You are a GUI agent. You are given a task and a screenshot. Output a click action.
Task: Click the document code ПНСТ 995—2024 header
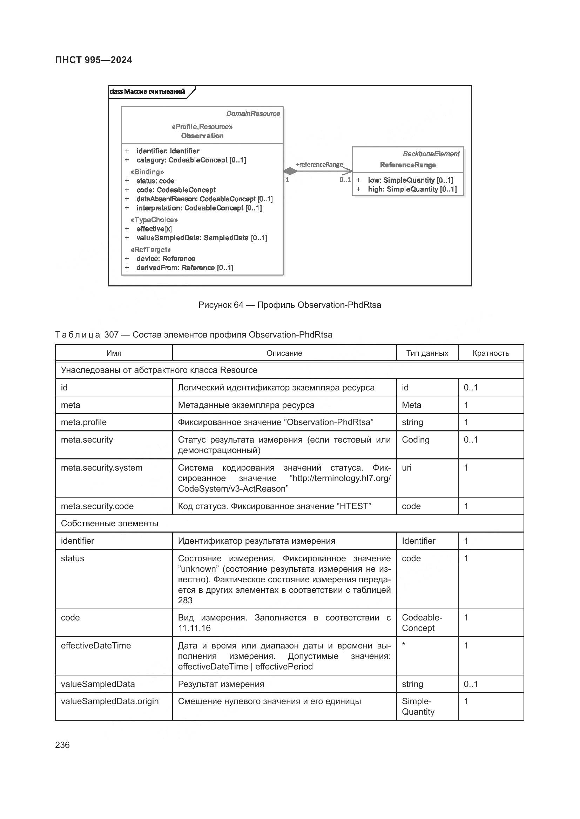94,60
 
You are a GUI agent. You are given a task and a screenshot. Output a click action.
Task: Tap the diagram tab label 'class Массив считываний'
147,92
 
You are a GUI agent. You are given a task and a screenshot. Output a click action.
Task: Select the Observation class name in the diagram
202,136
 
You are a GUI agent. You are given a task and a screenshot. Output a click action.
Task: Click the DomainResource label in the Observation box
253,114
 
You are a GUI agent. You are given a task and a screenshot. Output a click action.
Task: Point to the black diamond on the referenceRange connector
290,171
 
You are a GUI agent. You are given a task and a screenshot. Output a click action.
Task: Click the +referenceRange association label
319,165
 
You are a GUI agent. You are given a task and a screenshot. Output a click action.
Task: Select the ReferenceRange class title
407,165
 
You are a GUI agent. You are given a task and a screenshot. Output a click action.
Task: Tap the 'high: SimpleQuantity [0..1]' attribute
412,189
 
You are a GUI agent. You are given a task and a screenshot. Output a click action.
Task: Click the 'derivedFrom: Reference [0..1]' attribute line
185,268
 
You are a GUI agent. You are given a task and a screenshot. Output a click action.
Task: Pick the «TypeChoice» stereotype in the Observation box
154,220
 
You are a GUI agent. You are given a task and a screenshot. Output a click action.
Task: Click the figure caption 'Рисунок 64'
220,305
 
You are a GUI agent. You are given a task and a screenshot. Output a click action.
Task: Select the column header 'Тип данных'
427,353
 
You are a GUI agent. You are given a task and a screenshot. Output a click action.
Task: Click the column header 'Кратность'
491,353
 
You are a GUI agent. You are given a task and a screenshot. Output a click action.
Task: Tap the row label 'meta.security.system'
101,468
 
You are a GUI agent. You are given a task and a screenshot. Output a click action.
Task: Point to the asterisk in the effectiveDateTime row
404,644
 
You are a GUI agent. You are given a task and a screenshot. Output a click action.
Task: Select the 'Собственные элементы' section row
109,523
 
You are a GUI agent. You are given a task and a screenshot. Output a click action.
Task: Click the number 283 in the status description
185,601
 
